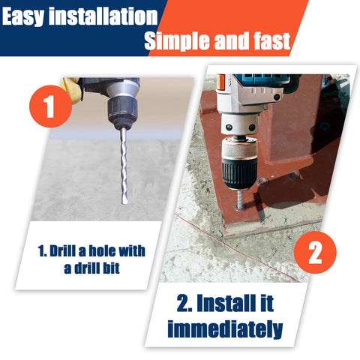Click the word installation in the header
[106, 16]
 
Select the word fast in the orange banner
[269, 41]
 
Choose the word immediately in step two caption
[224, 328]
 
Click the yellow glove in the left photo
[72, 88]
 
